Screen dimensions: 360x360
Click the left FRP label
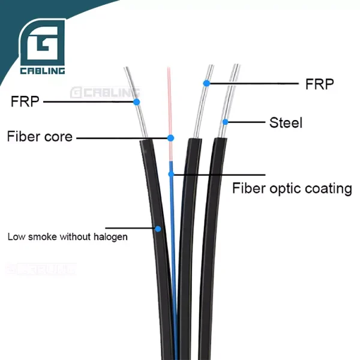pos(25,101)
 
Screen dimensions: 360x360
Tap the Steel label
pos(286,123)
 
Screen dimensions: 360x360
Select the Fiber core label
pos(40,137)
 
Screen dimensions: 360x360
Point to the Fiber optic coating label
pos(292,188)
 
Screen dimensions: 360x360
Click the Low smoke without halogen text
pos(67,236)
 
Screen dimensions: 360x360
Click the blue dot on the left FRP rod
pos(137,103)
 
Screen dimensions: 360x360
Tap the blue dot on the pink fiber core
pos(170,138)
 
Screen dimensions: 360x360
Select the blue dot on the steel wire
pos(226,122)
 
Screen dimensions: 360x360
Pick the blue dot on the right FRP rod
pos(206,83)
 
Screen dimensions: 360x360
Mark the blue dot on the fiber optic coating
pos(171,174)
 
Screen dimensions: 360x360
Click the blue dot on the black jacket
pos(158,229)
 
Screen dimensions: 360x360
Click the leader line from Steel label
pos(246,122)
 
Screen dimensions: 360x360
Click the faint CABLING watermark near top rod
pos(105,92)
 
